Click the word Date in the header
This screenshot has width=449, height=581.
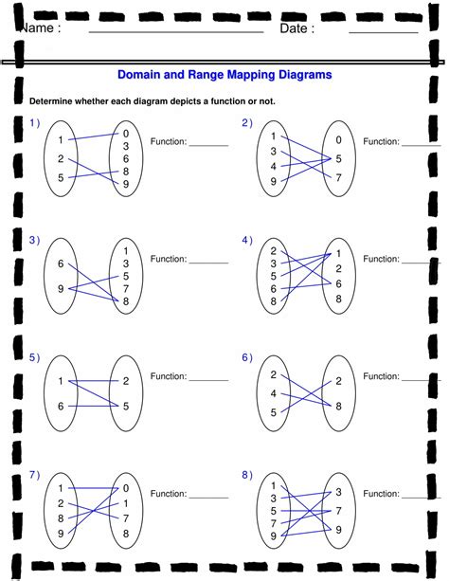[x=294, y=28]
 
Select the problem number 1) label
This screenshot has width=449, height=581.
[x=34, y=122]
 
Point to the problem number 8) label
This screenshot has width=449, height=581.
[x=247, y=475]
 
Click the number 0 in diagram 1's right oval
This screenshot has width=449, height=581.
[x=126, y=134]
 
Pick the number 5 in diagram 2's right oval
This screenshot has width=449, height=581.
[x=338, y=159]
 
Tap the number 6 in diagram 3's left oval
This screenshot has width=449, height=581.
[x=61, y=263]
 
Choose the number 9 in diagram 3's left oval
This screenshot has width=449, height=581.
[x=61, y=289]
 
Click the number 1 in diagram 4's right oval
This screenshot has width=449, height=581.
[x=338, y=254]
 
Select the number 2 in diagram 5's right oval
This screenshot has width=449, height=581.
[x=126, y=381]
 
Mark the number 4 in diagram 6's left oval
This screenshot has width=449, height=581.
[x=274, y=393]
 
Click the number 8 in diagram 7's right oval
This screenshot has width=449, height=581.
[x=126, y=534]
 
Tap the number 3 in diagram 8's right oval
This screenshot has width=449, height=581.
[x=338, y=492]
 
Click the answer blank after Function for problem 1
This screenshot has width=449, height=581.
[x=209, y=146]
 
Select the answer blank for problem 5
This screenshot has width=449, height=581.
[x=209, y=380]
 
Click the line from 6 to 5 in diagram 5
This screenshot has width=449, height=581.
[x=94, y=406]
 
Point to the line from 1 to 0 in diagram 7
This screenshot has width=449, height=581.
[x=94, y=488]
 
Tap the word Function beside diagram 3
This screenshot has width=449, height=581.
[x=169, y=259]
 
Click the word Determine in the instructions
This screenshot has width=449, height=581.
[x=51, y=101]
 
